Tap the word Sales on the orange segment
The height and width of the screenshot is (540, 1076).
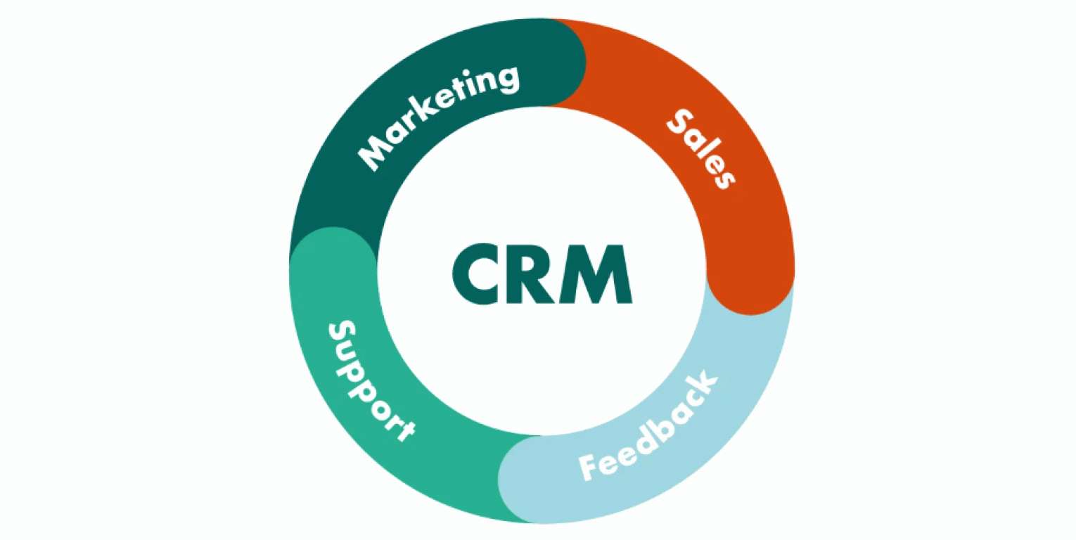pos(700,148)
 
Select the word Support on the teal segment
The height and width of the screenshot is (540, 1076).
pos(370,380)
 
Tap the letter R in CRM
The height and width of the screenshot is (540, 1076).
pos(531,274)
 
